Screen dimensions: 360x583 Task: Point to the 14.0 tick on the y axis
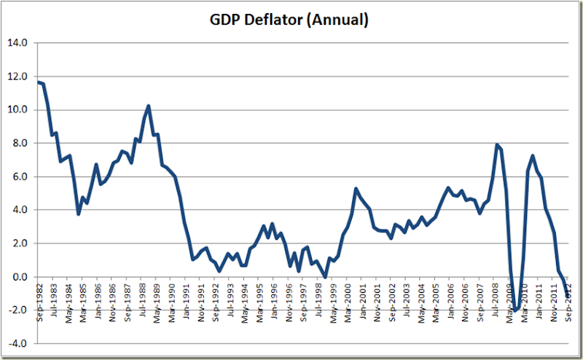pyautogui.click(x=18, y=43)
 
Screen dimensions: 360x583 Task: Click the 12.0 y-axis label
pyautogui.click(x=18, y=77)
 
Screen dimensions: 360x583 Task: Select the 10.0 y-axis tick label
pyautogui.click(x=18, y=110)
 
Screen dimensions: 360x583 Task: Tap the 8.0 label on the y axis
pyautogui.click(x=20, y=144)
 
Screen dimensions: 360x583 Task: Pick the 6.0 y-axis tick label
pyautogui.click(x=20, y=177)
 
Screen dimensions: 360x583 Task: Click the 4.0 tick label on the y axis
pyautogui.click(x=20, y=211)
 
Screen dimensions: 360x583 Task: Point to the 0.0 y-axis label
pyautogui.click(x=20, y=278)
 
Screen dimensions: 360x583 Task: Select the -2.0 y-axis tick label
pyautogui.click(x=18, y=311)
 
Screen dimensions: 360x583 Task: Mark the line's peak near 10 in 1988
pyautogui.click(x=149, y=106)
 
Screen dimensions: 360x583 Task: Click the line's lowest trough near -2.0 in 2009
pyautogui.click(x=515, y=311)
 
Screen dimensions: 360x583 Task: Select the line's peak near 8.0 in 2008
pyautogui.click(x=497, y=144)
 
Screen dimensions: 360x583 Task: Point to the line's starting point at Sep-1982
pyautogui.click(x=38, y=82)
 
